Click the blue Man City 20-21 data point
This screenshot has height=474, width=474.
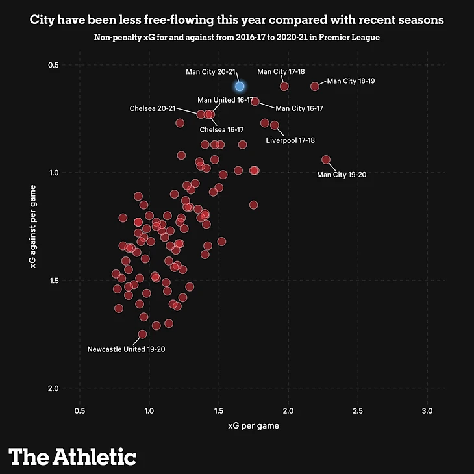pyautogui.click(x=240, y=86)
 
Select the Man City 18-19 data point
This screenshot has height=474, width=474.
pyautogui.click(x=315, y=86)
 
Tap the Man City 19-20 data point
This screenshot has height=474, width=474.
pyautogui.click(x=326, y=160)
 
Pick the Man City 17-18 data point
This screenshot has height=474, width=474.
pyautogui.click(x=284, y=86)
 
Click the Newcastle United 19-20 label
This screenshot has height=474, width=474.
pyautogui.click(x=127, y=349)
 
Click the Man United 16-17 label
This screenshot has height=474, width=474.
pyautogui.click(x=225, y=100)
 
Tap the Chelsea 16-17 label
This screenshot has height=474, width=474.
pyautogui.click(x=221, y=129)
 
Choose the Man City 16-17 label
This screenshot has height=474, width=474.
pyautogui.click(x=299, y=108)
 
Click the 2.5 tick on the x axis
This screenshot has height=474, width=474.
pyautogui.click(x=358, y=412)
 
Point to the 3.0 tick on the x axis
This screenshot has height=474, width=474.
pyautogui.click(x=428, y=412)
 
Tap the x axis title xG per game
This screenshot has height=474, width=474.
pyautogui.click(x=253, y=427)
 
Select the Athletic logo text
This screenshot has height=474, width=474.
pyautogui.click(x=73, y=456)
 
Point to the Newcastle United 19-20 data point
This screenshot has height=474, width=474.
pyautogui.click(x=142, y=334)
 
